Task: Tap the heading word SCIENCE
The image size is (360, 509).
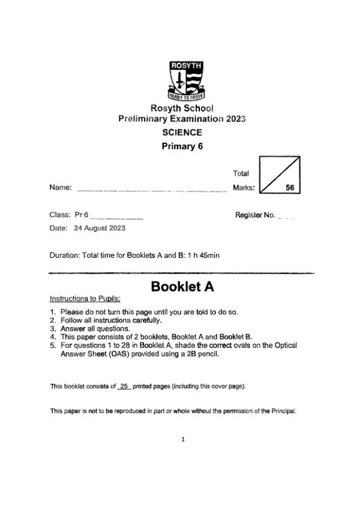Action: click(182, 132)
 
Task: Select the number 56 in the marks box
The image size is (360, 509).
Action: click(290, 188)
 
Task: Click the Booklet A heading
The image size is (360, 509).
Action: click(183, 287)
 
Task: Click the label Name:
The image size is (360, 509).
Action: click(61, 188)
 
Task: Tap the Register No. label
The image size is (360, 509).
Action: click(255, 215)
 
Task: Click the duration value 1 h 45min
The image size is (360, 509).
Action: click(201, 255)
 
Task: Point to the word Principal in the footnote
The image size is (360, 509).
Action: click(284, 411)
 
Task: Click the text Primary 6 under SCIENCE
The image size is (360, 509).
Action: click(183, 146)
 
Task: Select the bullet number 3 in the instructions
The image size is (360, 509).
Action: click(53, 329)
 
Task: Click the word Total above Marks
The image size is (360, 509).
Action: click(241, 174)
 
